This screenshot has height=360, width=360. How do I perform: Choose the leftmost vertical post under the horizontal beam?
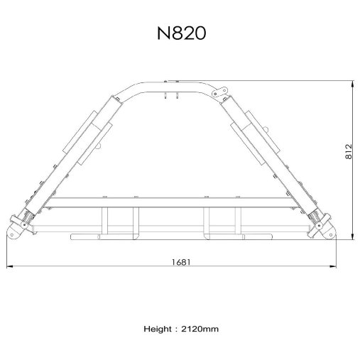point(106,222)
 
